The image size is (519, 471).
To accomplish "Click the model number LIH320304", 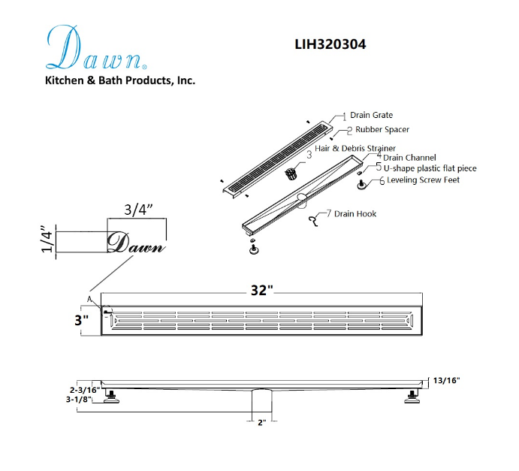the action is coord(330,44).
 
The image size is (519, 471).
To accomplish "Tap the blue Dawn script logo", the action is coord(96,47).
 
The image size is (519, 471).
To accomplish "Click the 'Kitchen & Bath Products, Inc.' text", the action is coord(120,80).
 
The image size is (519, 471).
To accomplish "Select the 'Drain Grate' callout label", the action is coord(371,115).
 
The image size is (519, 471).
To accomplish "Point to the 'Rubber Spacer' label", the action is coord(382,129).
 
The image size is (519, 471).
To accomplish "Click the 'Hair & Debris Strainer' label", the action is coord(355,148).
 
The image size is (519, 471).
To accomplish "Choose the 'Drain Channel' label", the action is coord(409,158).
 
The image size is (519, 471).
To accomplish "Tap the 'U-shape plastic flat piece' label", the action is coord(430,168).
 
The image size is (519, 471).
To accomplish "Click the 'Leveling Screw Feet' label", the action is coord(423,180).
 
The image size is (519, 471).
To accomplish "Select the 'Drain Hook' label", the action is coord(355,214).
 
